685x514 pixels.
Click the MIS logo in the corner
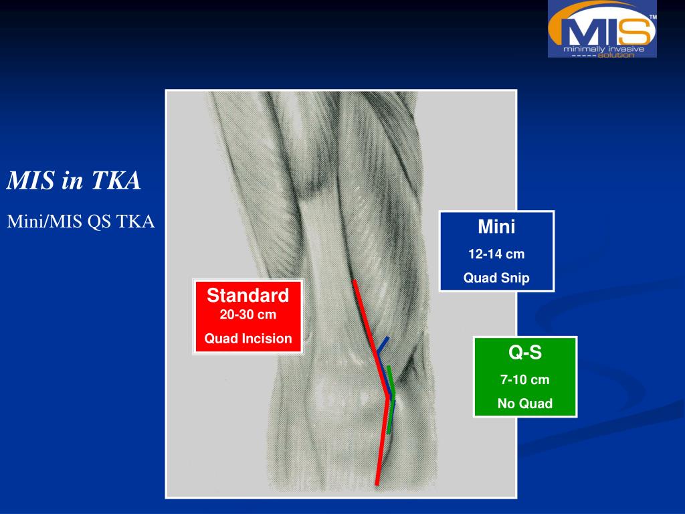click(x=602, y=29)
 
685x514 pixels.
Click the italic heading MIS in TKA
click(x=74, y=181)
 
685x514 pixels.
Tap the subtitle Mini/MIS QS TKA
click(x=81, y=222)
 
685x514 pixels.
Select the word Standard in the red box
click(x=248, y=295)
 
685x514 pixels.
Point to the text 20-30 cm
click(x=248, y=315)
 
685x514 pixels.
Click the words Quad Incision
click(x=248, y=339)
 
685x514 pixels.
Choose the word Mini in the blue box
click(x=496, y=227)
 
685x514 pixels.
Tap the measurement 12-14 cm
click(x=496, y=254)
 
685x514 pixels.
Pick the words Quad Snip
click(x=496, y=278)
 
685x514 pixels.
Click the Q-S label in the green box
click(x=525, y=352)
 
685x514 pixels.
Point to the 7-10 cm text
click(x=525, y=380)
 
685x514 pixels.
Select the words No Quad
click(x=525, y=404)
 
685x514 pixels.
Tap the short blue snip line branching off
click(x=383, y=345)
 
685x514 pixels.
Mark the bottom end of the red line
click(x=377, y=483)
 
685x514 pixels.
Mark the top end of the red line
click(x=354, y=281)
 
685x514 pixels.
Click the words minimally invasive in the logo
click(x=603, y=49)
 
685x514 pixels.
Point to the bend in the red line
click(x=387, y=397)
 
